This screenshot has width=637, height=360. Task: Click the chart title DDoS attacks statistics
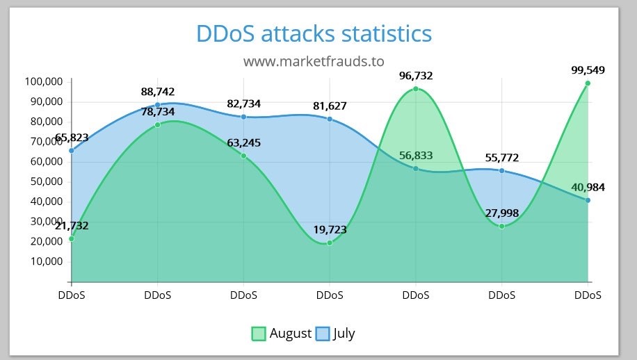click(314, 33)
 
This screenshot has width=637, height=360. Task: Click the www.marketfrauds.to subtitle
click(314, 61)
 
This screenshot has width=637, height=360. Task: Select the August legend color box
click(259, 334)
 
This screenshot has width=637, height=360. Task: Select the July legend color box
click(323, 334)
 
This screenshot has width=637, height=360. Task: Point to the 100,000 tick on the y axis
click(44, 82)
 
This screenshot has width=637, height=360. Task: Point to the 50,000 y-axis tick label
click(44, 181)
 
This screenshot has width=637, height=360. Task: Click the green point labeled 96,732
click(416, 89)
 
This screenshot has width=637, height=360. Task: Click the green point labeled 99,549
click(588, 83)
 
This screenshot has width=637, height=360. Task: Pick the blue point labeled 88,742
click(158, 105)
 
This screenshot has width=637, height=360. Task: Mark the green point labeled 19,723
click(330, 243)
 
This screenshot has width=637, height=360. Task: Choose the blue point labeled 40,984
click(588, 200)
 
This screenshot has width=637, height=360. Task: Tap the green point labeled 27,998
click(501, 226)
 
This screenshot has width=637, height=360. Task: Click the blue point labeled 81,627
click(330, 119)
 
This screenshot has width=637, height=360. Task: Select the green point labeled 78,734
click(158, 124)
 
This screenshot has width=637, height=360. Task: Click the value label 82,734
click(243, 104)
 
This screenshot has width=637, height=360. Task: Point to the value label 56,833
click(416, 156)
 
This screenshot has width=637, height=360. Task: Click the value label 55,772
click(501, 158)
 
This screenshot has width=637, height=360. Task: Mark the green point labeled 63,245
click(243, 156)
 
